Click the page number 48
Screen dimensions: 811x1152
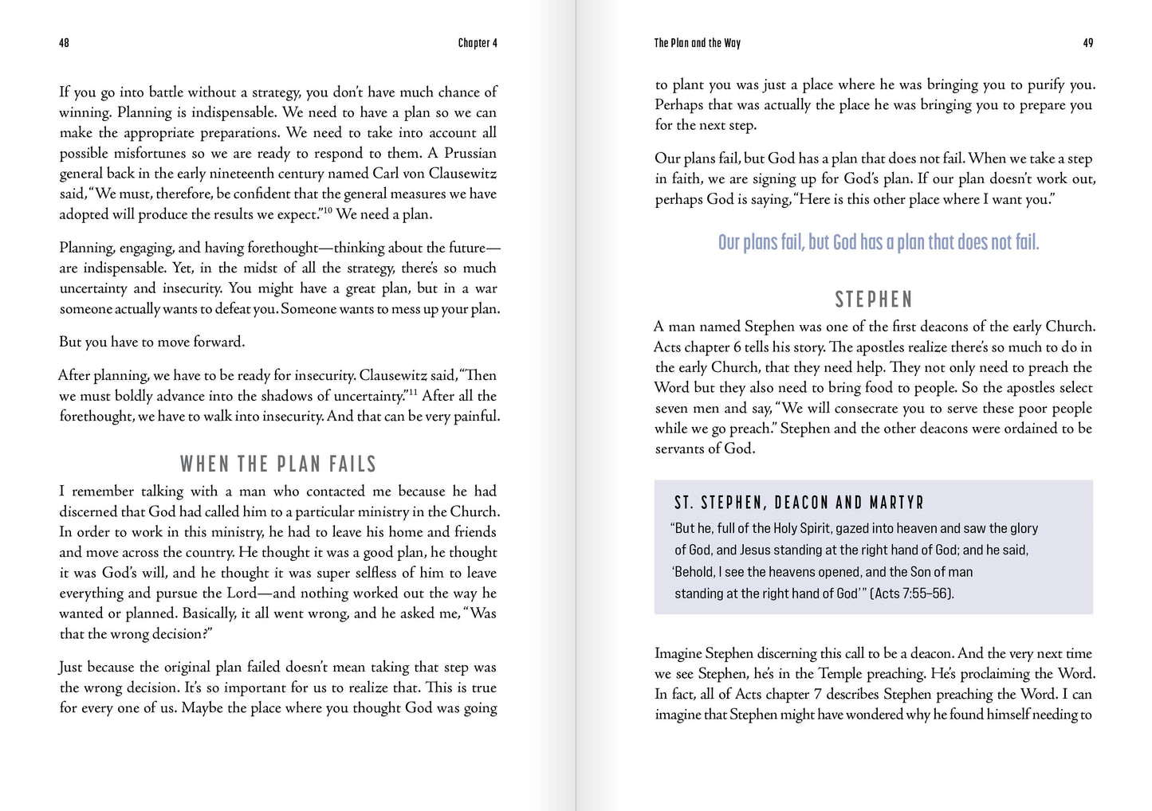64,43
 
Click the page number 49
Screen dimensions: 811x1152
1087,43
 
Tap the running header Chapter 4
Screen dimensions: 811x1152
478,43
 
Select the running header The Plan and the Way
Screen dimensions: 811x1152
697,43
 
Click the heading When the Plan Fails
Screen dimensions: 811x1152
277,464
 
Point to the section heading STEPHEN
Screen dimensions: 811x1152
873,300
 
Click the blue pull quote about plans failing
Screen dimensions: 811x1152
878,242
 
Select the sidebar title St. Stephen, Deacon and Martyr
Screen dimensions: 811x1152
798,503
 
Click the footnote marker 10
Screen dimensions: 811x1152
327,210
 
